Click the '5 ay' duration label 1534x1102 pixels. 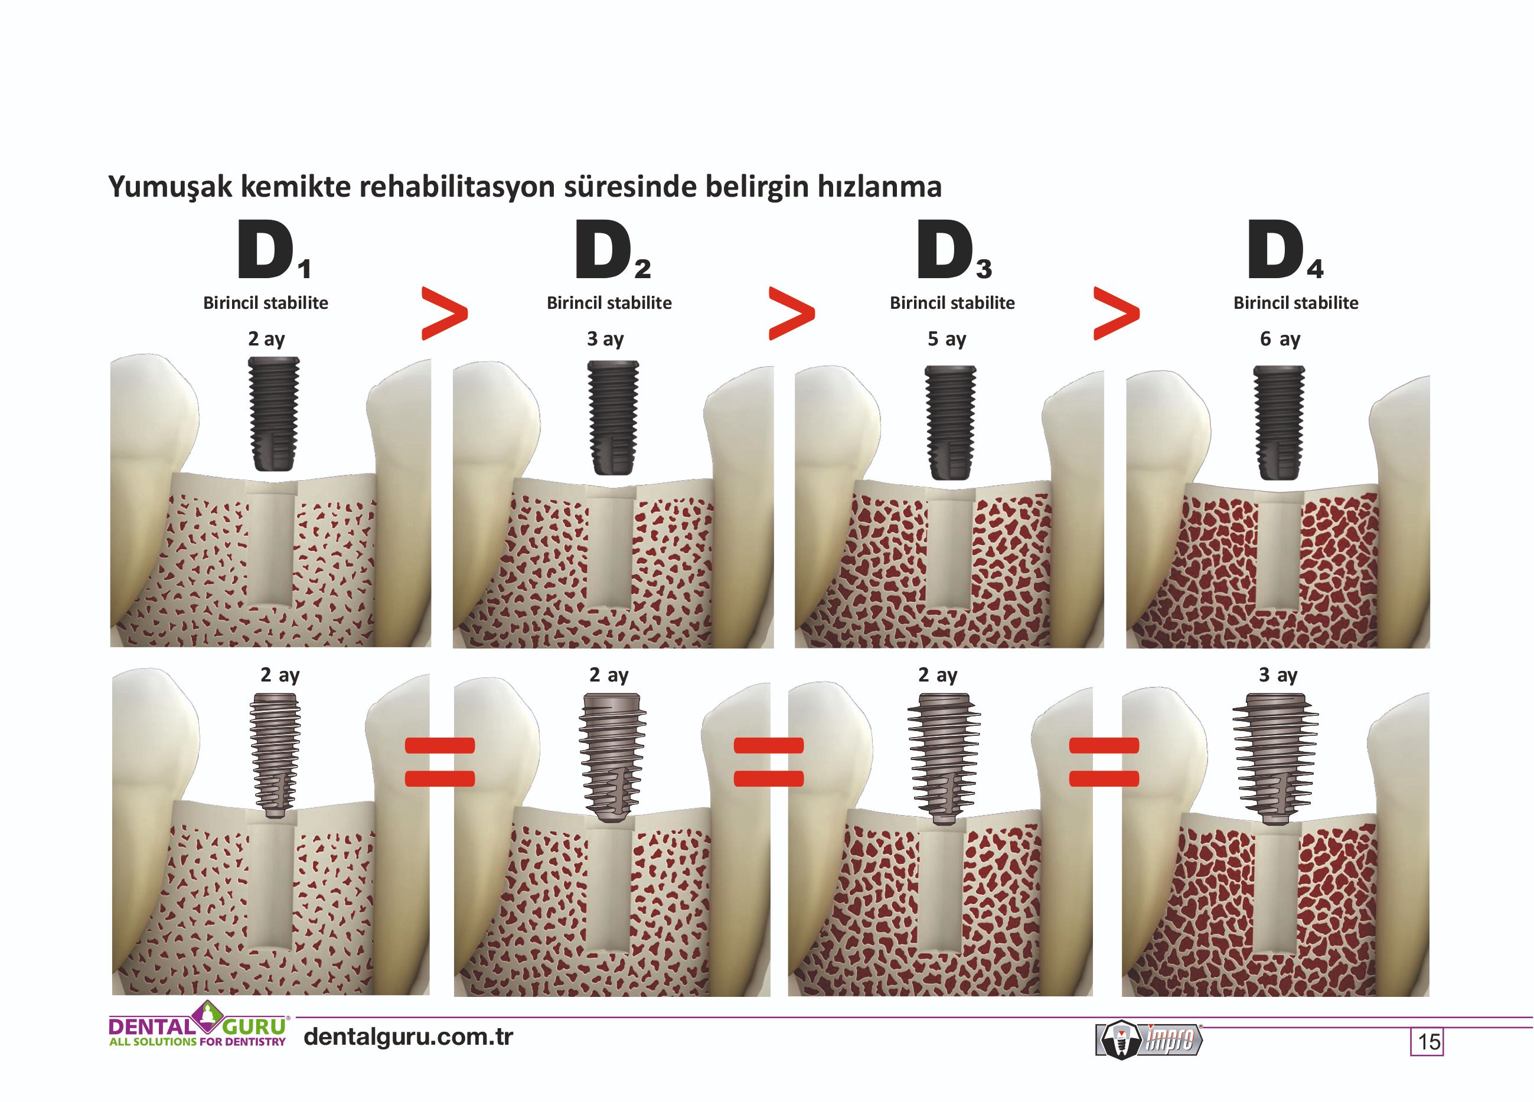click(x=947, y=339)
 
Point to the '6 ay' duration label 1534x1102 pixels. click(x=1280, y=339)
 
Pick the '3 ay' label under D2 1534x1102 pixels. click(x=605, y=339)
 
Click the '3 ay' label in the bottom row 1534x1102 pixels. click(x=1278, y=675)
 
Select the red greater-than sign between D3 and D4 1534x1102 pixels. click(x=1116, y=313)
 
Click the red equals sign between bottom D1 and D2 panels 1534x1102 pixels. click(x=440, y=762)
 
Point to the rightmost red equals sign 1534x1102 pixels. click(x=1104, y=762)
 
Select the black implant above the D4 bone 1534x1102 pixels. click(x=1279, y=422)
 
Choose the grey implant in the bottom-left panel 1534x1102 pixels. click(x=274, y=756)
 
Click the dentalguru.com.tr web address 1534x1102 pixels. click(x=409, y=1036)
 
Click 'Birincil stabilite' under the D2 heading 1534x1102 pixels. click(x=609, y=303)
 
